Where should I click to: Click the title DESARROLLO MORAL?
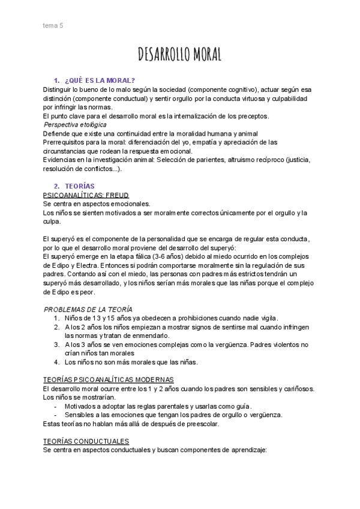coord(180,55)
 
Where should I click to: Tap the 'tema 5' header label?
coord(53,25)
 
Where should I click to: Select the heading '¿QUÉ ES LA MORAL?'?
coord(100,80)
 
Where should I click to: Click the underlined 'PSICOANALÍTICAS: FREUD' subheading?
coord(86,196)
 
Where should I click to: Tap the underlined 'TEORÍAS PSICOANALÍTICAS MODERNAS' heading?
coord(109,380)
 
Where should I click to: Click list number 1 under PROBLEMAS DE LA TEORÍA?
coord(56,318)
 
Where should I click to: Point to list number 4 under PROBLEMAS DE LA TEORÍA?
coord(56,362)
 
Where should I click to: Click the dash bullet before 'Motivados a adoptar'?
coord(56,406)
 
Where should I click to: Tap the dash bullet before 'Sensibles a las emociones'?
coord(56,415)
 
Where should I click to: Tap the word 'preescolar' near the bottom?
coord(201,424)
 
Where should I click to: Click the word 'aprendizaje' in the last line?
coord(247,450)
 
